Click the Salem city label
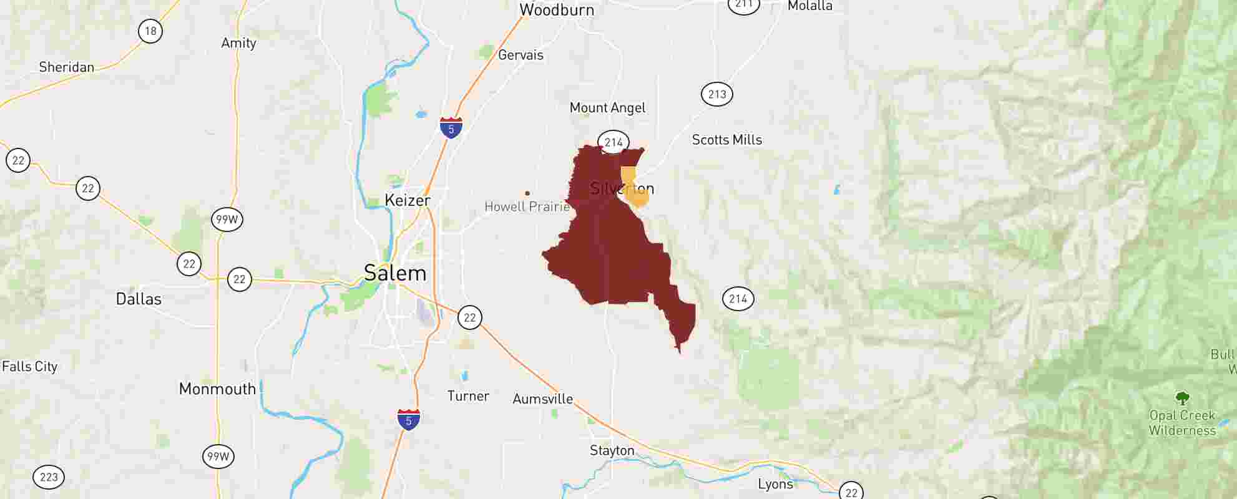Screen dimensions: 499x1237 click(x=395, y=273)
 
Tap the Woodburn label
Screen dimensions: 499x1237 click(x=557, y=10)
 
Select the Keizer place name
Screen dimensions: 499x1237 click(x=408, y=200)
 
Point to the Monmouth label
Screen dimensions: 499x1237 click(x=217, y=389)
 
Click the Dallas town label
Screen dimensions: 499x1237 click(x=139, y=299)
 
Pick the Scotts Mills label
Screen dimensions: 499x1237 click(x=727, y=140)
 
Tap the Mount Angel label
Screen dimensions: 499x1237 click(x=607, y=108)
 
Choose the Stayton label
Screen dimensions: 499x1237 click(x=612, y=450)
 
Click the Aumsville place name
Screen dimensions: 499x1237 click(x=542, y=399)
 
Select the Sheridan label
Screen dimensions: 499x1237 click(x=66, y=67)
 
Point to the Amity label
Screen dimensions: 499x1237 click(x=238, y=43)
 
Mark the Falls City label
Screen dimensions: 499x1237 click(x=30, y=367)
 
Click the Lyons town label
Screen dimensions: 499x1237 click(x=775, y=484)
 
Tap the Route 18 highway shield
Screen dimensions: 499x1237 click(x=150, y=31)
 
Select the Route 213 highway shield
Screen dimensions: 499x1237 click(x=717, y=94)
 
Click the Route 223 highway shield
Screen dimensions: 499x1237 click(x=49, y=478)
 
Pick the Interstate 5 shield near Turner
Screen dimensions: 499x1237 click(x=409, y=420)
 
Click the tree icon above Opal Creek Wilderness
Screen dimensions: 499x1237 click(x=1181, y=398)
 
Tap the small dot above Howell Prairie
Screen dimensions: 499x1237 click(x=527, y=193)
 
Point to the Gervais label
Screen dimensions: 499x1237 click(x=521, y=55)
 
